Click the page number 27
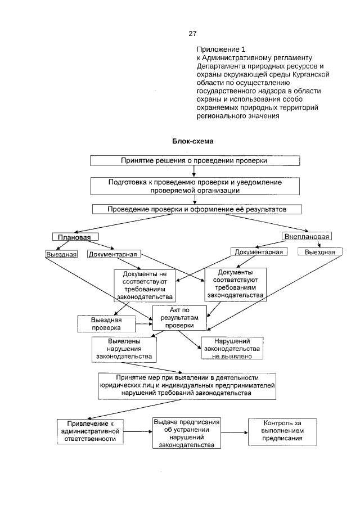pyautogui.click(x=192, y=33)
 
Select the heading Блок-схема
pyautogui.click(x=192, y=141)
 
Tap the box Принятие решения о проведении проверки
pyautogui.click(x=193, y=160)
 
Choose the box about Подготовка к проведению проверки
pyautogui.click(x=195, y=186)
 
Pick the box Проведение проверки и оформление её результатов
pyautogui.click(x=197, y=209)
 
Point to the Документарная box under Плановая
pyautogui.click(x=113, y=254)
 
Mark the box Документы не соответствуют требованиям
pyautogui.click(x=145, y=285)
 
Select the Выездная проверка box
pyautogui.click(x=106, y=323)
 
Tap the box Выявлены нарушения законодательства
pyautogui.click(x=124, y=349)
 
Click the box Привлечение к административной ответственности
pyautogui.click(x=91, y=431)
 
